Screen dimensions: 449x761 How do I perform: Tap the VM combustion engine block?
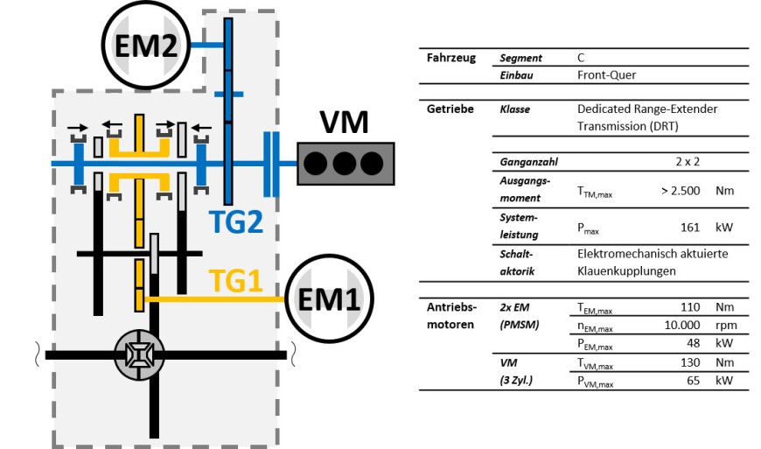coord(344,162)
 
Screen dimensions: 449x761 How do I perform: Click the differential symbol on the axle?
coord(139,355)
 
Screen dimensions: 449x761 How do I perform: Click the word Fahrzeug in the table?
coord(451,59)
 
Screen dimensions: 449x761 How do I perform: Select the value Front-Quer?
coord(606,75)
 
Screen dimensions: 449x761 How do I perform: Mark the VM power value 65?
coord(696,382)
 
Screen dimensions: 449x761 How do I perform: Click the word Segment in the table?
coord(520,59)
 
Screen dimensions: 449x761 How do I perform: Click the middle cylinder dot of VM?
coord(344,163)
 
